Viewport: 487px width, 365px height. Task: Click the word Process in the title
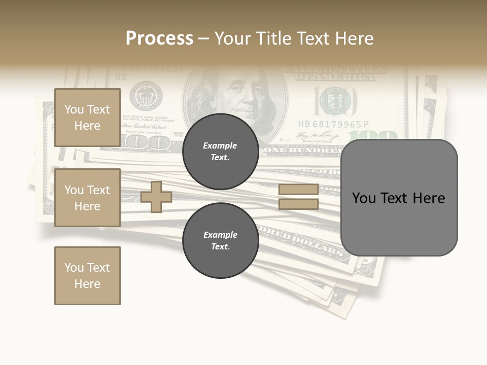click(159, 39)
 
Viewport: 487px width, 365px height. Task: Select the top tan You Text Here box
click(87, 118)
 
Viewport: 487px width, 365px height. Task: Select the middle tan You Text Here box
click(87, 198)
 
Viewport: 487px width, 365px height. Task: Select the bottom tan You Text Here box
click(87, 275)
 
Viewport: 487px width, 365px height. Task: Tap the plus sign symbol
click(156, 197)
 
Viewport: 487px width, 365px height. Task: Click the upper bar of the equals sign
click(298, 190)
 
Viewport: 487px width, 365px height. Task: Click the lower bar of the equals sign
click(298, 204)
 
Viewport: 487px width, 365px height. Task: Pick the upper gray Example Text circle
click(220, 151)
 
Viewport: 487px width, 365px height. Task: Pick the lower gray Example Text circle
click(220, 240)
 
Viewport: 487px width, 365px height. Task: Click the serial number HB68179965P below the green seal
click(333, 125)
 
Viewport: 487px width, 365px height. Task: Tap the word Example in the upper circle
click(220, 145)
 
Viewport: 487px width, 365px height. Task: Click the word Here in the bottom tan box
click(87, 284)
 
